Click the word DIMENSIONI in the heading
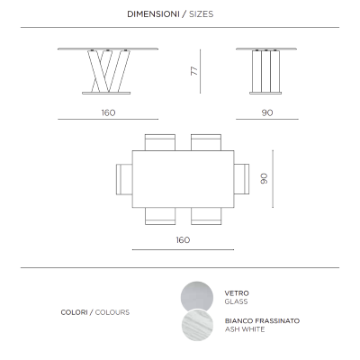[153, 14]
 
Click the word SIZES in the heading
[202, 14]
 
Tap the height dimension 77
[194, 71]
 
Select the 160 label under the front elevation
[108, 112]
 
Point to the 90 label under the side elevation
[267, 112]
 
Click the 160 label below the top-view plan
[183, 240]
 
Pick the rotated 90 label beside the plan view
[264, 178]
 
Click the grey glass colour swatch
[197, 295]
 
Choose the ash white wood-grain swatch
[197, 326]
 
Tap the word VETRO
[237, 293]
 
